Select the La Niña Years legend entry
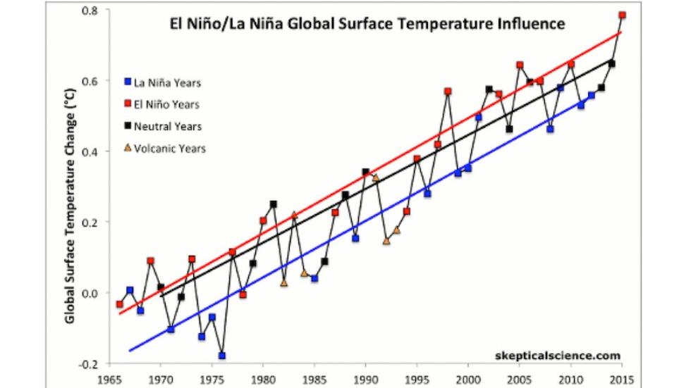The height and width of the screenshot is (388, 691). pyautogui.click(x=166, y=82)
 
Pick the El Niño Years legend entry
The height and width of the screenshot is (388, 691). pyautogui.click(x=166, y=104)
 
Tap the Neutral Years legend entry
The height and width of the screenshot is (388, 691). pyautogui.click(x=166, y=126)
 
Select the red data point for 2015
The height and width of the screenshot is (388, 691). pyautogui.click(x=622, y=15)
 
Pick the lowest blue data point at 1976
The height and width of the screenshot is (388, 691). pyautogui.click(x=222, y=356)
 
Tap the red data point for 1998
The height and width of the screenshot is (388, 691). pyautogui.click(x=448, y=92)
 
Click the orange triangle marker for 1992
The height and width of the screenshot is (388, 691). pyautogui.click(x=386, y=241)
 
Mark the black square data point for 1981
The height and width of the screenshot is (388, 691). pyautogui.click(x=274, y=204)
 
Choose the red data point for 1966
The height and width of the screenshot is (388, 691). pyautogui.click(x=120, y=304)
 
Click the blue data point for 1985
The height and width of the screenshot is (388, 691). pyautogui.click(x=314, y=278)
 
